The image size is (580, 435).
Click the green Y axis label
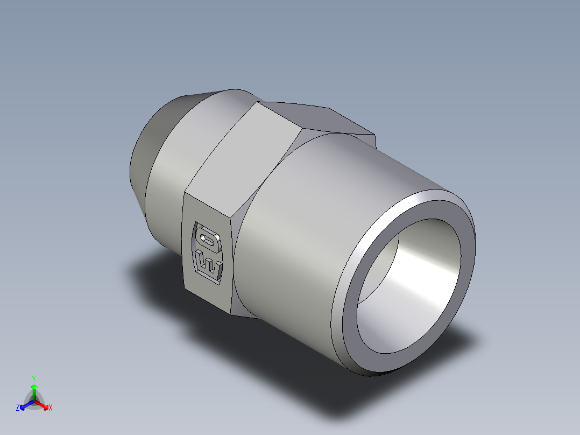(x=33, y=378)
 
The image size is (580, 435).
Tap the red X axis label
(x=50, y=408)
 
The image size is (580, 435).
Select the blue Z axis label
(x=18, y=408)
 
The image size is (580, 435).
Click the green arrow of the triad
(x=33, y=389)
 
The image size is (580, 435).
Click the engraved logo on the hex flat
(x=207, y=252)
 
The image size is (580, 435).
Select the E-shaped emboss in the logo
(x=209, y=265)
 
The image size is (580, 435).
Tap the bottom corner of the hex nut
(x=237, y=314)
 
